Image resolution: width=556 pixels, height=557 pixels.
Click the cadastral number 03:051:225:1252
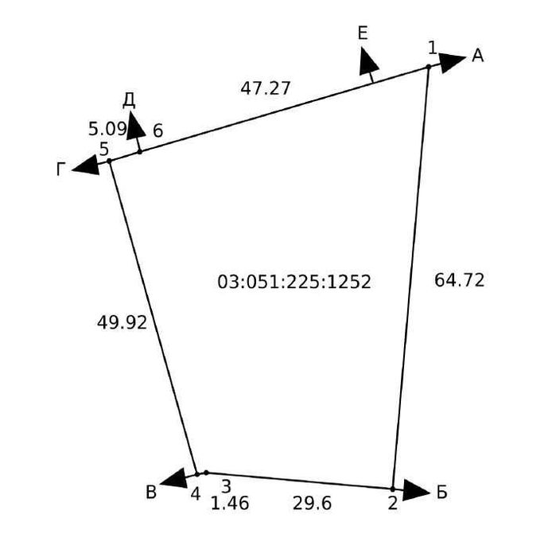294,282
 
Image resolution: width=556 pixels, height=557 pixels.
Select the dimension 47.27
266,88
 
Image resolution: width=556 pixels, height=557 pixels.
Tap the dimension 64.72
459,280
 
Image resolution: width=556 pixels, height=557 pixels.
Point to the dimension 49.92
122,323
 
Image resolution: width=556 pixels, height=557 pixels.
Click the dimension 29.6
312,504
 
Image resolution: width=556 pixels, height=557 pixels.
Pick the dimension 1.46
230,504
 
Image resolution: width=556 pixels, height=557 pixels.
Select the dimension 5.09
107,129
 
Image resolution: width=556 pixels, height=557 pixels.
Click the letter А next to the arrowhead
477,56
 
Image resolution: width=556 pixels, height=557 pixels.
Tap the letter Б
442,493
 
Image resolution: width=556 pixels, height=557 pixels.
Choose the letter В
151,493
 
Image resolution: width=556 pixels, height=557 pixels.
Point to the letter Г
61,169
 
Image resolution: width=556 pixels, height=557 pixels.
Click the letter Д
129,101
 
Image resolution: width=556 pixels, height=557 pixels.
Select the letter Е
363,33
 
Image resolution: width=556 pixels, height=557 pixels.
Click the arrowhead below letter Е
367,62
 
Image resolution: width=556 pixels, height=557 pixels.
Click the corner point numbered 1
429,66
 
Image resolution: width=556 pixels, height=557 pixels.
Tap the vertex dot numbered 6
140,152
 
